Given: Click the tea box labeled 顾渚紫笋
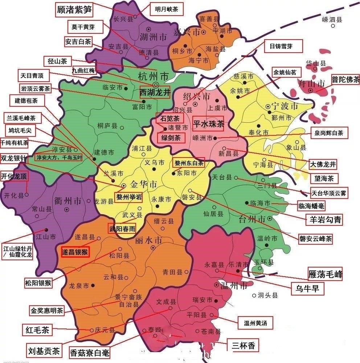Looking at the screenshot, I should click(75, 10).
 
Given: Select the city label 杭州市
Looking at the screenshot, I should click(154, 77).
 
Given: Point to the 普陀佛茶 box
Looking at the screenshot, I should click(345, 80).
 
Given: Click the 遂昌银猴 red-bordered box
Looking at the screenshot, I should click(75, 251).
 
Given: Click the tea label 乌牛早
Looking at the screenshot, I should click(308, 289).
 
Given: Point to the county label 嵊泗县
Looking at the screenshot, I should click(332, 20).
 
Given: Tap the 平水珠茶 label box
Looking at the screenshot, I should click(208, 124).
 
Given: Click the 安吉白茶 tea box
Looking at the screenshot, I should click(78, 41).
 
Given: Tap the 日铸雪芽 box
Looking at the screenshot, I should click(281, 46).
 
